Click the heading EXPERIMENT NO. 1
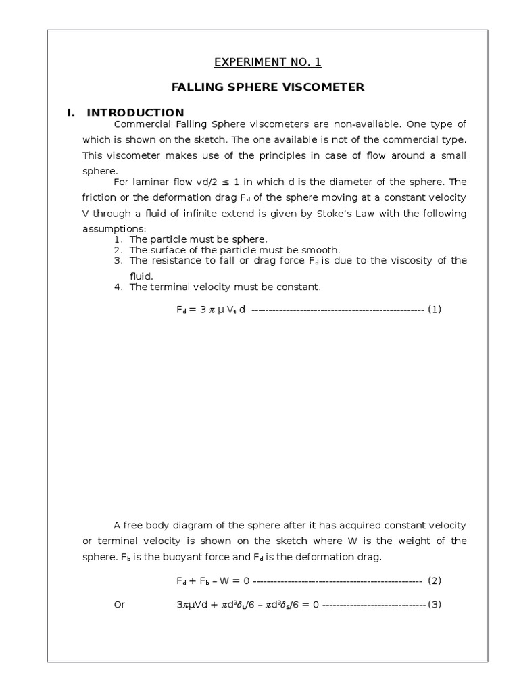pos(268,62)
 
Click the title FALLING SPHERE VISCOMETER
pos(268,87)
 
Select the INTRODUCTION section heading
pos(135,112)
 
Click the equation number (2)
pos(434,580)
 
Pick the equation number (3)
pos(434,604)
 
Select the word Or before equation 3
pos(120,604)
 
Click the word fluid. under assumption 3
pos(142,276)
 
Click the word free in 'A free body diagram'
pos(133,525)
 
